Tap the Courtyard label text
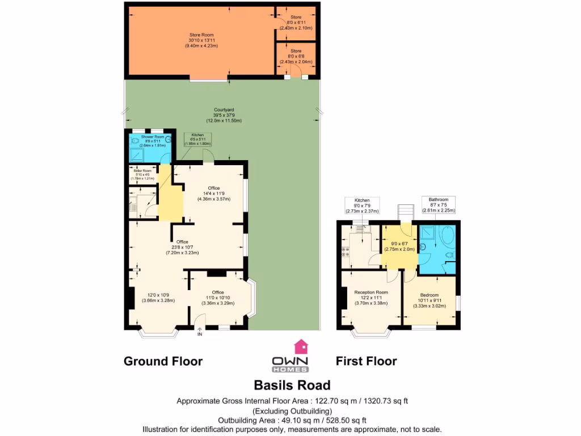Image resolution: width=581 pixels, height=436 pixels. coord(224,110)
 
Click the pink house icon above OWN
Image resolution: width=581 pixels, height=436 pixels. coord(299,346)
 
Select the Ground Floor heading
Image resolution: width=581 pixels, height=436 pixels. coord(163,361)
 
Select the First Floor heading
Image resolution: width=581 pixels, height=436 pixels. coord(366,361)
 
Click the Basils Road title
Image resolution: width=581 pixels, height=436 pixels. coord(292,385)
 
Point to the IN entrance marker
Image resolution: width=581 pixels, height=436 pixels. coord(199,334)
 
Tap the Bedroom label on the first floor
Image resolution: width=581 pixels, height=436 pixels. coord(429,295)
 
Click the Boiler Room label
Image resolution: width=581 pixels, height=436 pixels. coord(142,170)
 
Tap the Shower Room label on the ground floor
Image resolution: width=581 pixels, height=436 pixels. coord(152,137)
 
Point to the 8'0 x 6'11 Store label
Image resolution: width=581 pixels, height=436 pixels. coord(296,22)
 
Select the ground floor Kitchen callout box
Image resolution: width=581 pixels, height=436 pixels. coord(197,139)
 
